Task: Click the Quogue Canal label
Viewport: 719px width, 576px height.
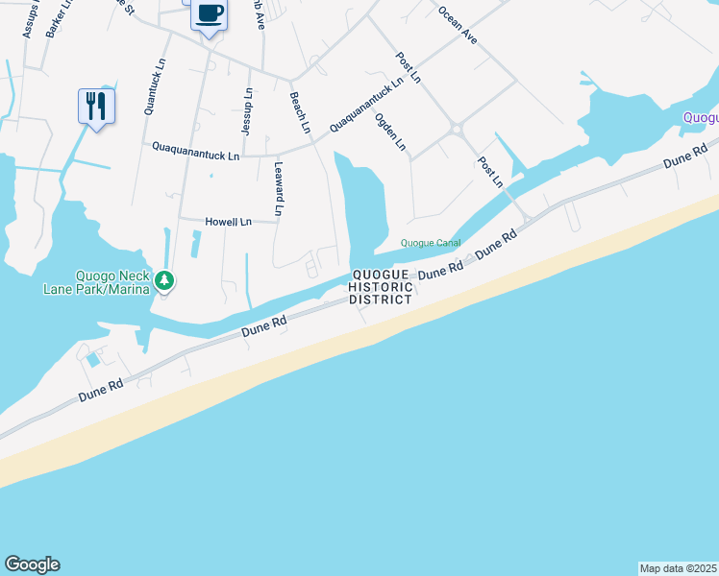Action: tap(431, 243)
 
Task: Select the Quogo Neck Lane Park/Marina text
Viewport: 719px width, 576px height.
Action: tap(95, 281)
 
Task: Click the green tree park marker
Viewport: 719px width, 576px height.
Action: tap(165, 280)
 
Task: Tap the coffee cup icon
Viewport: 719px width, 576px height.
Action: tap(209, 13)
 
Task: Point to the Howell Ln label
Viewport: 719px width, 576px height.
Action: tap(228, 222)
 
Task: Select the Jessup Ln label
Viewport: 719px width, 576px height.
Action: tap(249, 109)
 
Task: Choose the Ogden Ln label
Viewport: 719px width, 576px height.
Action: tap(390, 133)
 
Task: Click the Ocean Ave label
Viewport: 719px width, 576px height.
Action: tap(458, 25)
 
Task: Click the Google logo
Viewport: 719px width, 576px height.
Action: tap(32, 564)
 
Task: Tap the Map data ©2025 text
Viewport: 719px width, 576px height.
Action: tap(678, 567)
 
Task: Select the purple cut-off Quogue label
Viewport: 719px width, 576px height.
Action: tap(701, 117)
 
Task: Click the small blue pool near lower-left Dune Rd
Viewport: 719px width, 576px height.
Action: tap(92, 360)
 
